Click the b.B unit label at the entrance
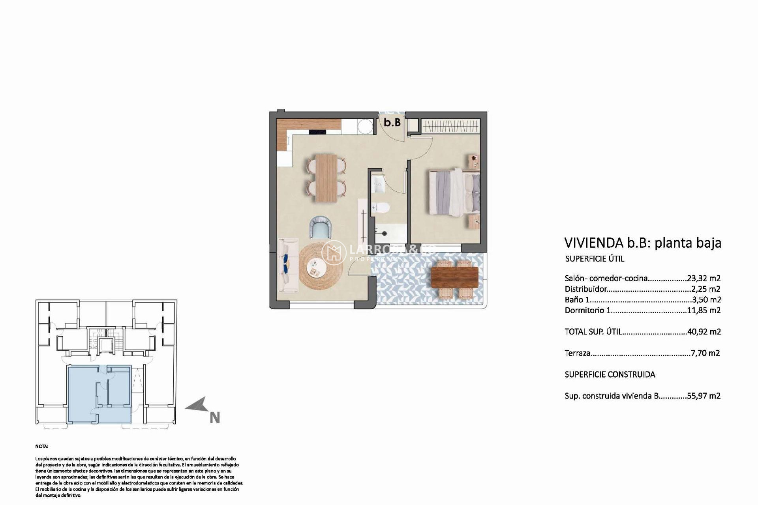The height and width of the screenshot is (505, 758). tap(392, 122)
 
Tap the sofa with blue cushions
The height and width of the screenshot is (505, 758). tap(287, 265)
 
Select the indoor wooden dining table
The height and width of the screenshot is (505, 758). tap(326, 178)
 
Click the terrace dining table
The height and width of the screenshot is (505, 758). tap(455, 277)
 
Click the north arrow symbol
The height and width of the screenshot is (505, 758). tap(197, 406)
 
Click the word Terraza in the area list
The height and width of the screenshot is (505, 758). tap(577, 353)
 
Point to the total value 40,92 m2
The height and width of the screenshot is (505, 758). tap(704, 332)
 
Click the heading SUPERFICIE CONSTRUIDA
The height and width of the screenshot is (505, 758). tap(610, 374)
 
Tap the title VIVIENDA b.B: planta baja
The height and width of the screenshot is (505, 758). tap(642, 243)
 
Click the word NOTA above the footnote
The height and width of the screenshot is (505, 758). tap(41, 446)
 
